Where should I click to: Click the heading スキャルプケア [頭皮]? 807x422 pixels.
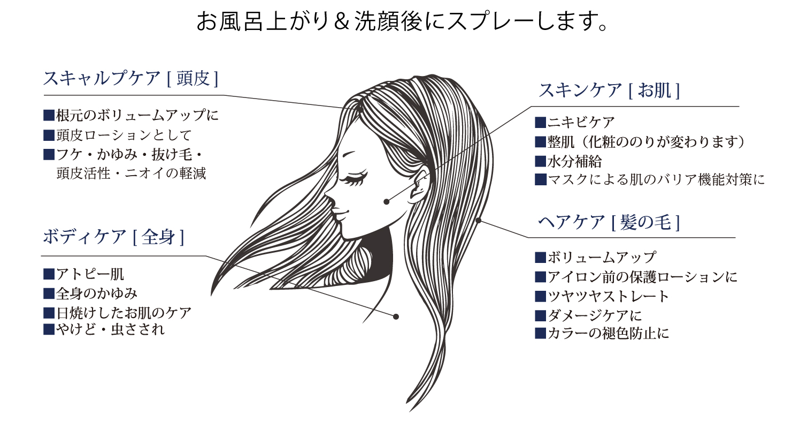tap(131, 78)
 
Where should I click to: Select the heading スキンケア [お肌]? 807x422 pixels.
tap(609, 90)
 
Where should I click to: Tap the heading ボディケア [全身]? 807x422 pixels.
tap(113, 237)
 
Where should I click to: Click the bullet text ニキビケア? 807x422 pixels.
tap(581, 123)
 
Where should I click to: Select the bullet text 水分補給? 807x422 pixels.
tap(574, 162)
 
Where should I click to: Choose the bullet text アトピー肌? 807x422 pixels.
tap(90, 275)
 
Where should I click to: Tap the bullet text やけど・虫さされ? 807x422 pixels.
tap(110, 330)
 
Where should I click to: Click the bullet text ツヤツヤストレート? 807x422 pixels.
tap(608, 297)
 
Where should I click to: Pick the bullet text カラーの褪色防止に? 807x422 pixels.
tap(608, 333)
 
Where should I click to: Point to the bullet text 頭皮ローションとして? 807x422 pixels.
tap(124, 135)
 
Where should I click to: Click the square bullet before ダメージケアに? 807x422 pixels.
tap(540, 315)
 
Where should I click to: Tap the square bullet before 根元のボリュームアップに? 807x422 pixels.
tap(49, 116)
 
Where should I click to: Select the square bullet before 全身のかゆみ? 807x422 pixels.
tap(49, 293)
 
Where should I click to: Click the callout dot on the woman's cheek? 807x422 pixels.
tap(387, 201)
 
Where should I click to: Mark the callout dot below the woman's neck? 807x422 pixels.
tap(396, 316)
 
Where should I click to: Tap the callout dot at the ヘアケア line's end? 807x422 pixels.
tap(479, 220)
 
